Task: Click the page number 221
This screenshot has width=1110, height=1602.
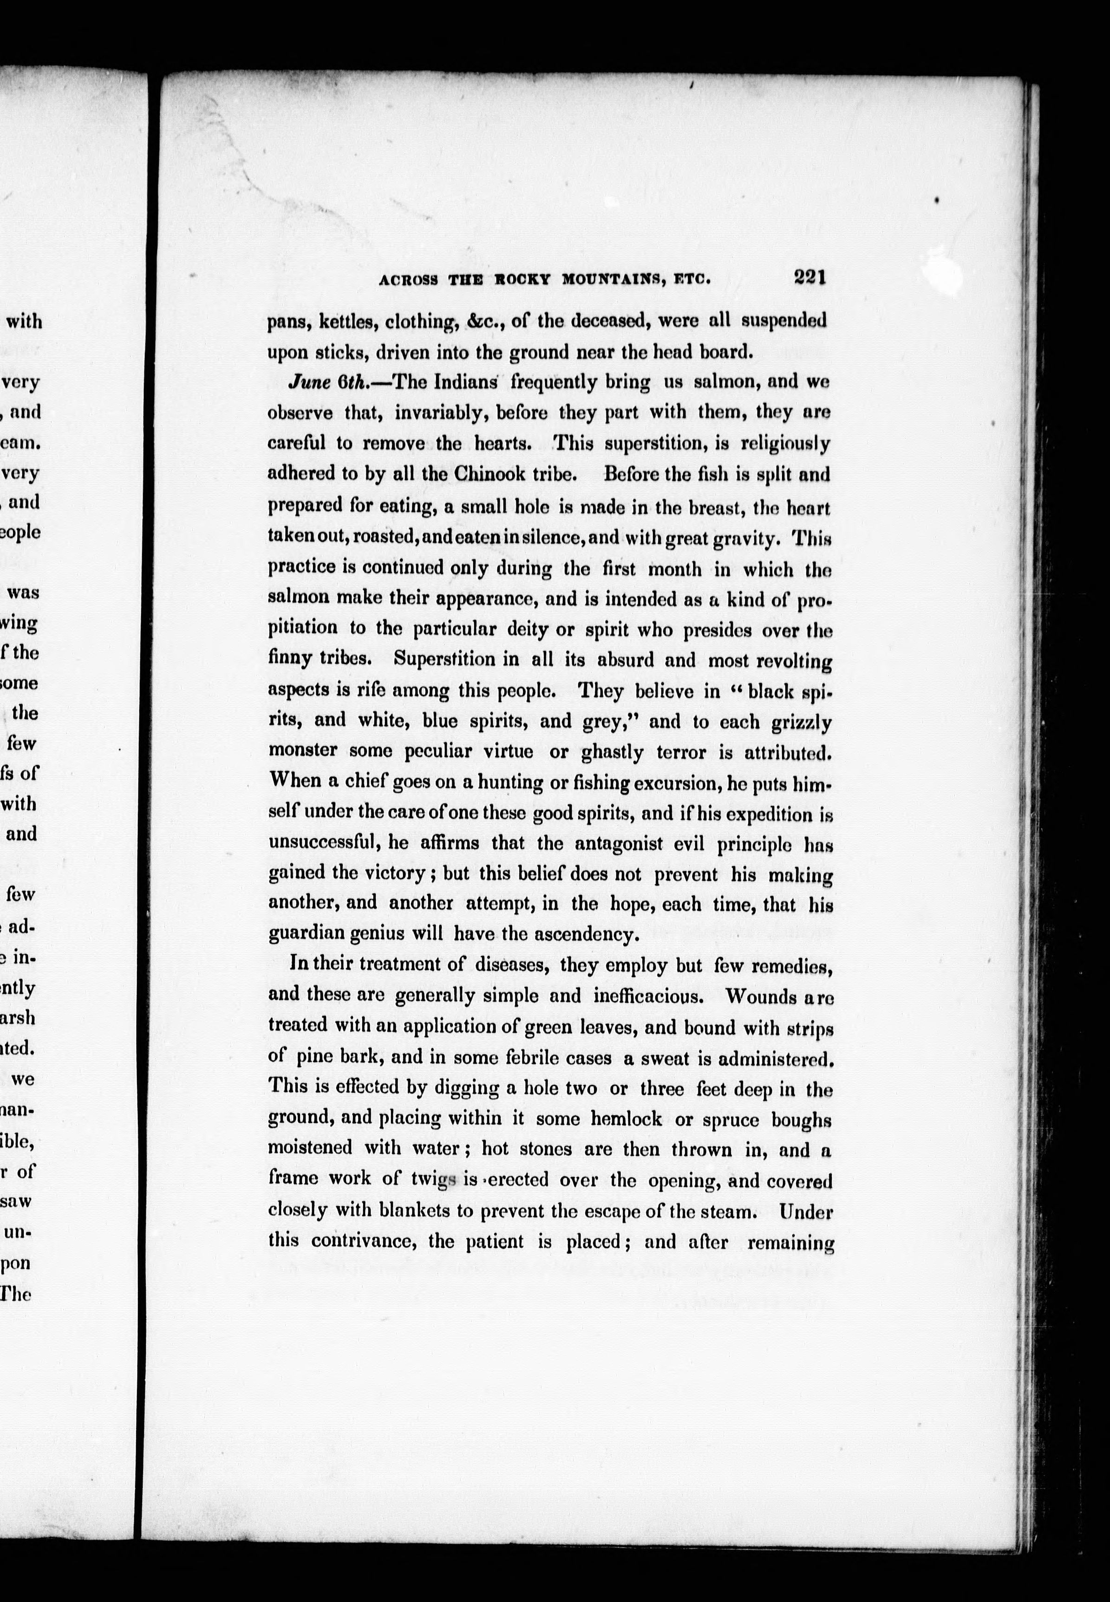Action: click(810, 277)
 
